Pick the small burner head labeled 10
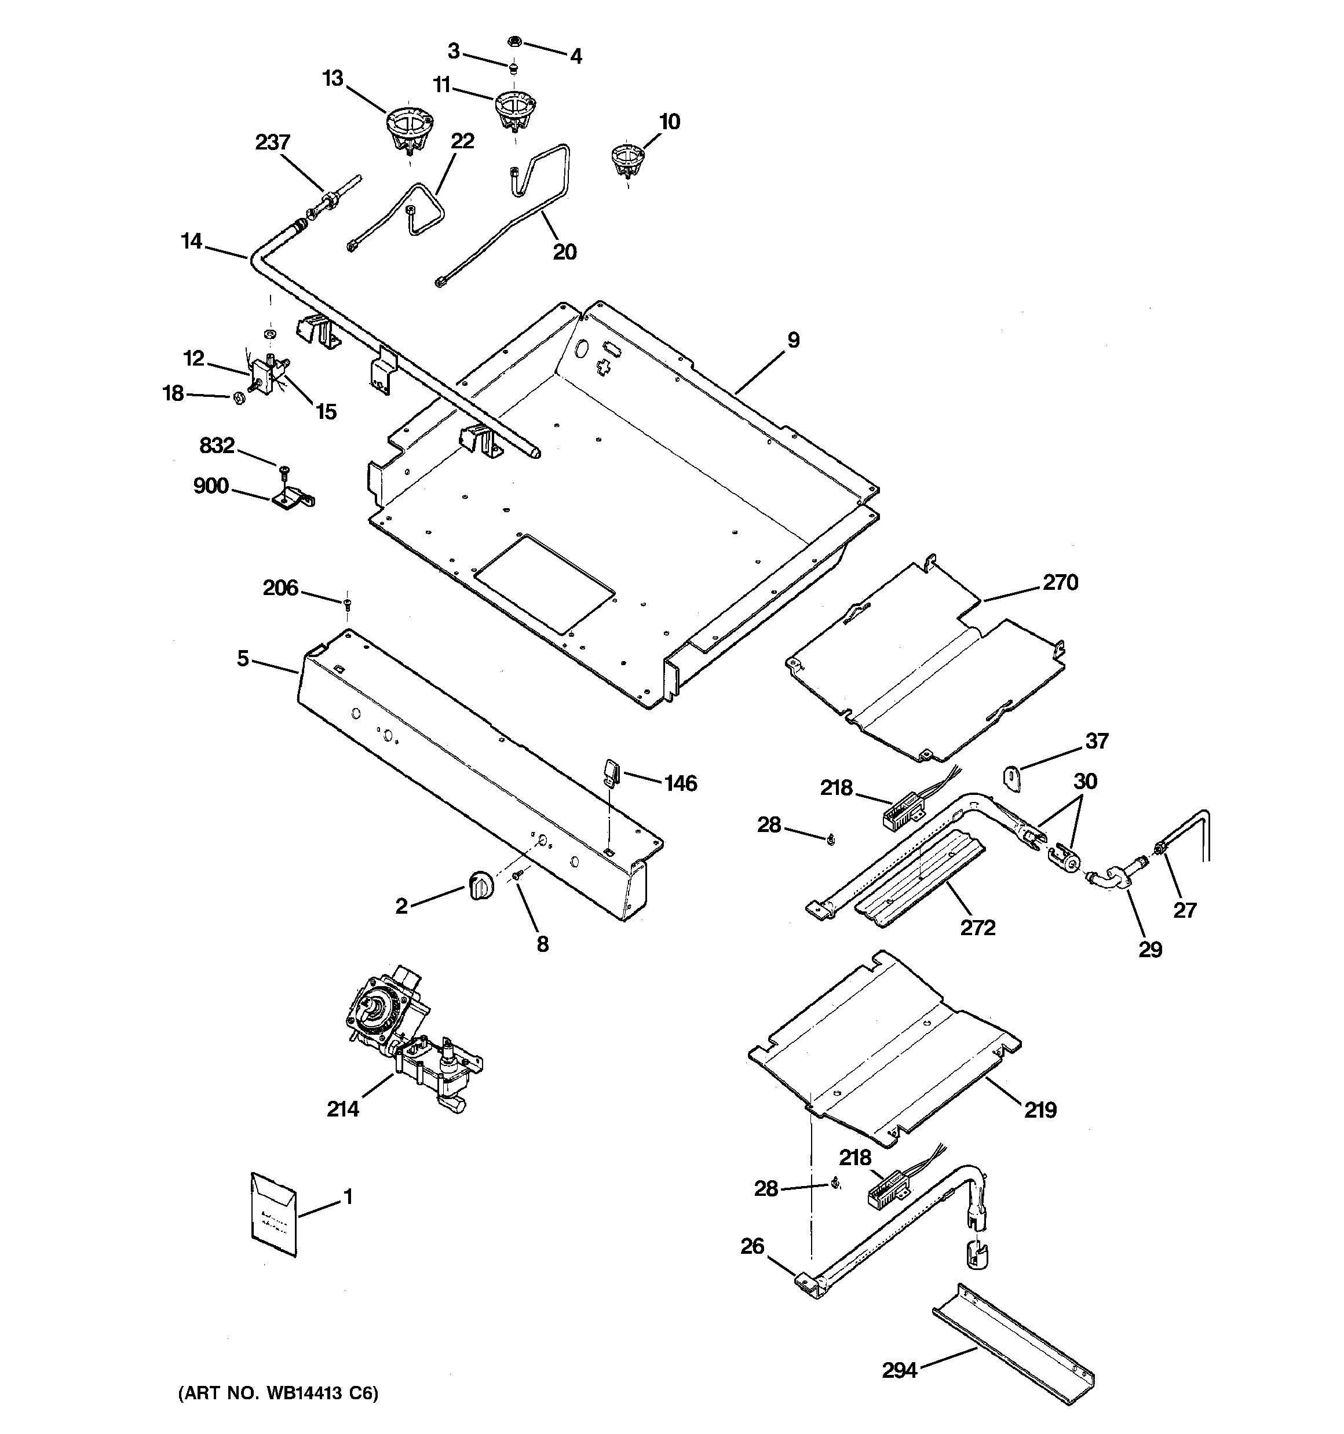point(627,160)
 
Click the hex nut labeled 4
point(515,42)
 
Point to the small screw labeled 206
point(347,600)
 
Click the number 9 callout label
point(793,340)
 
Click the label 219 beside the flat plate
point(1039,1110)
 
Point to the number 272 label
point(977,927)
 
